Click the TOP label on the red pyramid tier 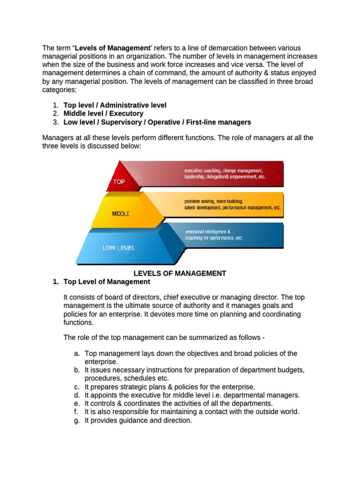[119, 181]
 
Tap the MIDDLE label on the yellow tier [121, 214]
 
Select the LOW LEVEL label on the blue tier [119, 247]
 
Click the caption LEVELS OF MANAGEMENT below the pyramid [180, 273]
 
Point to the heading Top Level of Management [107, 282]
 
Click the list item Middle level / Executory [104, 113]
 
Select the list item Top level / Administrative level [115, 105]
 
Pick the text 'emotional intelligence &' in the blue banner [208, 232]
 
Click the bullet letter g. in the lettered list [76, 420]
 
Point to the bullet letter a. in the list [76, 353]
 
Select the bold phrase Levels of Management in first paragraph [112, 48]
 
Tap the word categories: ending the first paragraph [59, 90]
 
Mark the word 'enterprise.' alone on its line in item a [101, 362]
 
